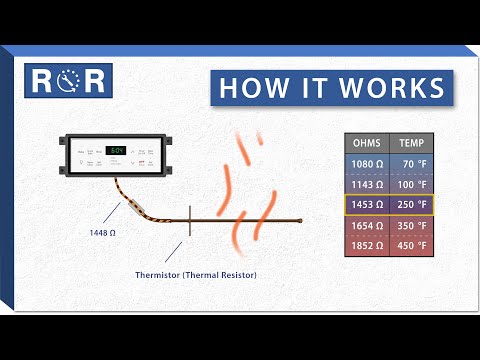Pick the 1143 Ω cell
[365, 185]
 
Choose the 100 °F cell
[410, 185]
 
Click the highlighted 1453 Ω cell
[365, 205]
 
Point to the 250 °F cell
[410, 205]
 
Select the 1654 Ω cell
[365, 226]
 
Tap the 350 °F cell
[410, 226]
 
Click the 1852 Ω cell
[365, 246]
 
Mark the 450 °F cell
[410, 246]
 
